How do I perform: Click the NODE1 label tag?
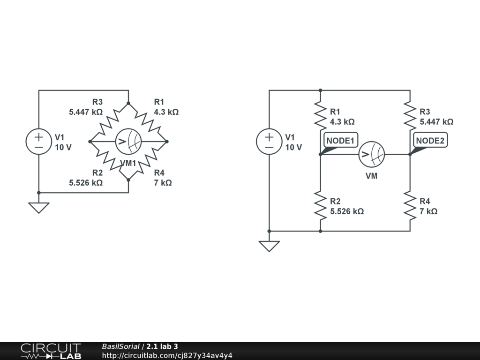tap(341, 140)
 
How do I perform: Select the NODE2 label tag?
tap(430, 140)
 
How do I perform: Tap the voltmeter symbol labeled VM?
tap(372, 154)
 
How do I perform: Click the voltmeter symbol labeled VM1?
tap(128, 141)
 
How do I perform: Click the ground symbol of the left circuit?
tap(38, 207)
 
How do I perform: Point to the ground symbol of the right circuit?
tap(269, 246)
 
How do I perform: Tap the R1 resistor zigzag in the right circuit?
tap(320, 116)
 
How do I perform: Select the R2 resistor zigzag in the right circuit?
tap(320, 206)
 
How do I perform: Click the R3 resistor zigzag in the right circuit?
tap(410, 116)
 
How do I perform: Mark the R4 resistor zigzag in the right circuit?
tap(410, 206)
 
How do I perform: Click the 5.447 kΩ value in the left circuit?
tap(86, 112)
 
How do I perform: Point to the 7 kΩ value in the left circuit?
tap(163, 183)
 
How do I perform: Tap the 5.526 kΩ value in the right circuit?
tap(347, 211)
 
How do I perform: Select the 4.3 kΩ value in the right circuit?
tap(342, 122)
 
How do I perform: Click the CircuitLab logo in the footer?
tap(51, 351)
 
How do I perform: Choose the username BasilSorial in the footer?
tap(120, 347)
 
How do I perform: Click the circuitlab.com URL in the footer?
tap(167, 355)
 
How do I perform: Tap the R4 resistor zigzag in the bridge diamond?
tap(147, 160)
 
